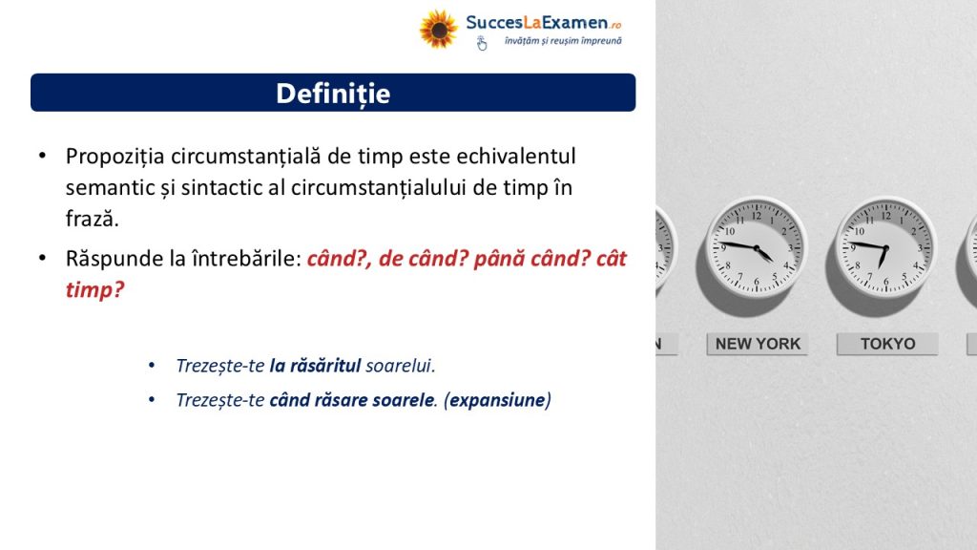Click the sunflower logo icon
tap(438, 29)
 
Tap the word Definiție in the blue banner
tap(333, 94)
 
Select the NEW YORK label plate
tap(757, 344)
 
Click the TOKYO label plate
tap(887, 344)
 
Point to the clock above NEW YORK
tap(757, 247)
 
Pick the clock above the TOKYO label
tap(885, 247)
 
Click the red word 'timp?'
tap(95, 290)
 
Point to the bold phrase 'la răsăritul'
tap(315, 366)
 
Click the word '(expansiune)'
tap(497, 400)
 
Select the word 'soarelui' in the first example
tap(400, 366)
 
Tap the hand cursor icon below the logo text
tap(482, 43)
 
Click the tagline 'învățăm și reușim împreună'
tap(563, 41)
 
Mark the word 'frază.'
tap(93, 219)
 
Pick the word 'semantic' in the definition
tap(105, 188)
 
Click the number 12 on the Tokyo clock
tap(886, 216)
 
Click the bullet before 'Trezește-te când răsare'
tap(152, 400)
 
